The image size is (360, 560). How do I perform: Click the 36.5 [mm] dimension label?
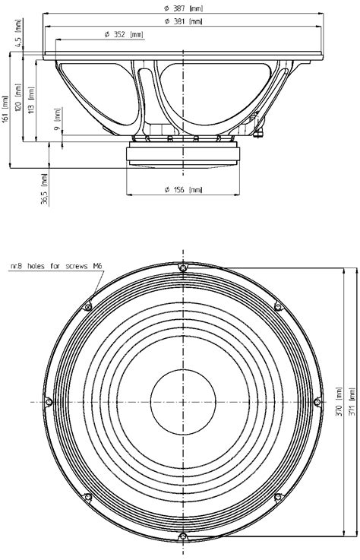pyautogui.click(x=46, y=189)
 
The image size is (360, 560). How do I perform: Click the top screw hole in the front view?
pyautogui.click(x=182, y=268)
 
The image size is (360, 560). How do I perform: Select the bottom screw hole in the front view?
pyautogui.click(x=182, y=536)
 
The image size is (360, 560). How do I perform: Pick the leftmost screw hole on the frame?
pyautogui.click(x=49, y=402)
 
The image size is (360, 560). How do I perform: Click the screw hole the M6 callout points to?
pyautogui.click(x=88, y=307)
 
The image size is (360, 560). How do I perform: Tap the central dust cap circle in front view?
pyautogui.click(x=182, y=402)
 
